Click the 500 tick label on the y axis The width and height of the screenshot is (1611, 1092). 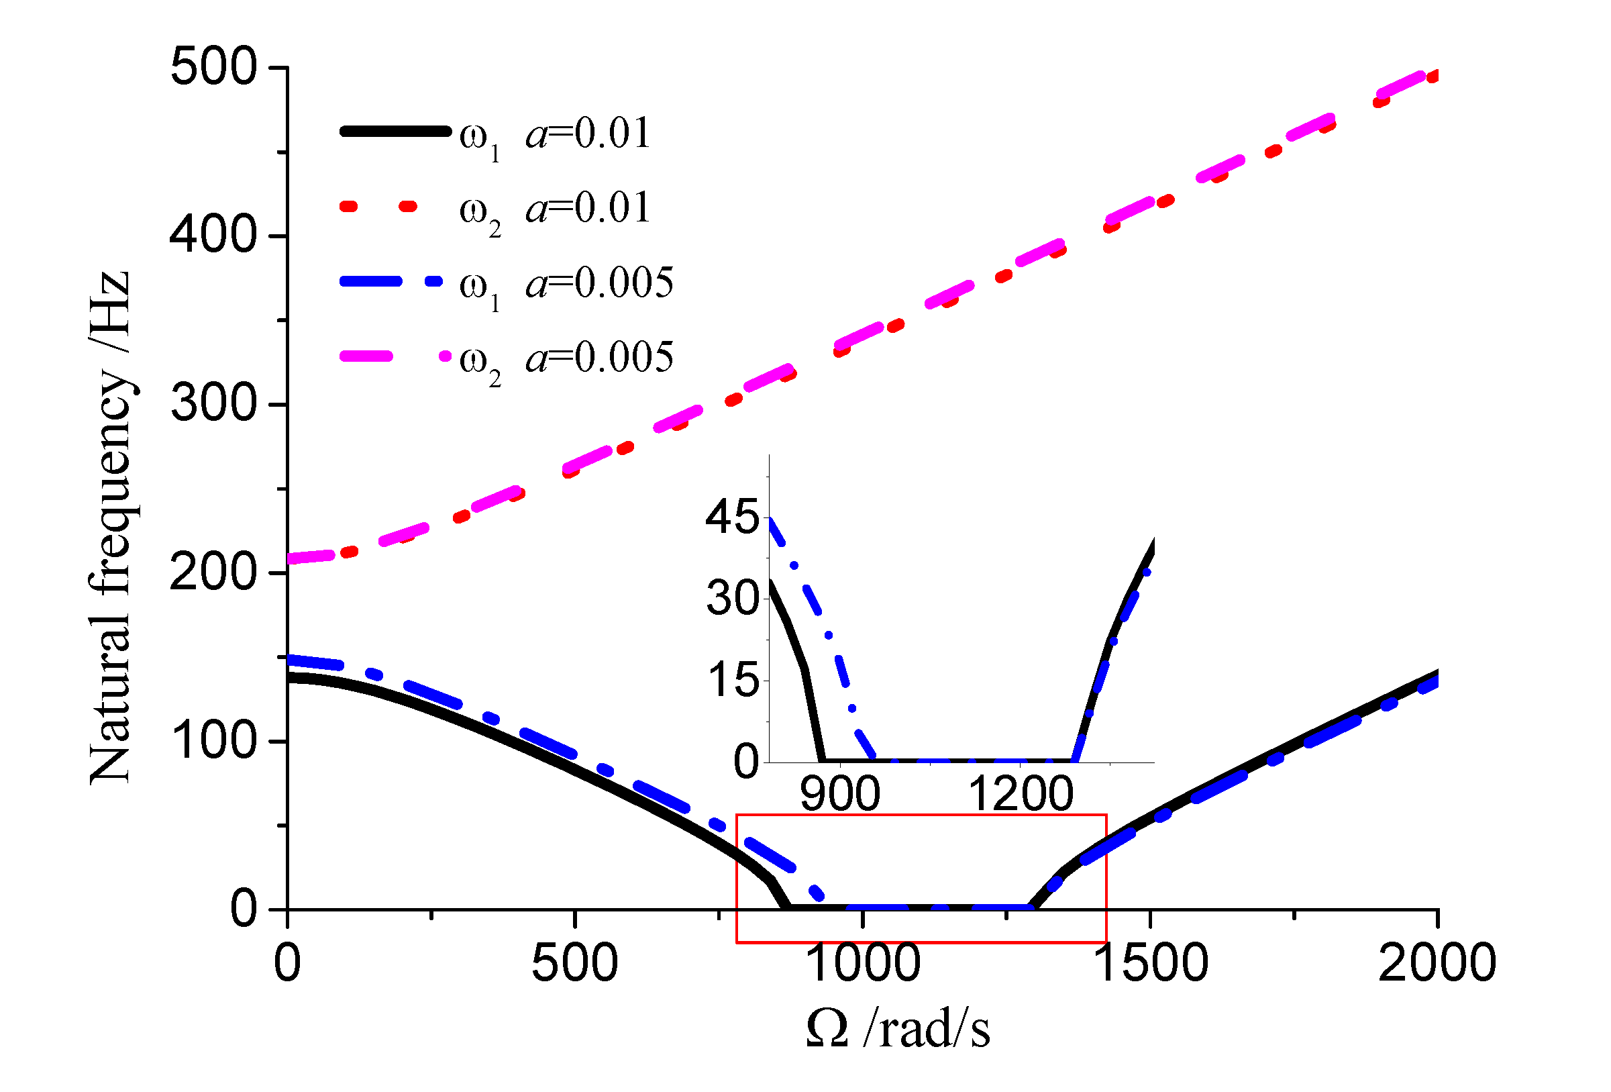click(x=213, y=67)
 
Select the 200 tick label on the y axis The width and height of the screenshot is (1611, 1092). click(x=213, y=573)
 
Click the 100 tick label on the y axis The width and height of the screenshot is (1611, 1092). click(x=213, y=741)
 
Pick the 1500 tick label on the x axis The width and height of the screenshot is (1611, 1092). click(x=1151, y=963)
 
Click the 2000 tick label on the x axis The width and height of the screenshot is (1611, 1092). click(x=1437, y=963)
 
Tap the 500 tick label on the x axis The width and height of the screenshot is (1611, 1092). click(x=574, y=963)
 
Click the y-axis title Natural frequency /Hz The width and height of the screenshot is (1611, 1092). click(x=111, y=527)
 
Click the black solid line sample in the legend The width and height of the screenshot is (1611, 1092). click(x=395, y=131)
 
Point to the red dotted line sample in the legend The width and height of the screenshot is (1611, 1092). click(x=378, y=206)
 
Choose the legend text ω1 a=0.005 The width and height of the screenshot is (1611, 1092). click(x=566, y=285)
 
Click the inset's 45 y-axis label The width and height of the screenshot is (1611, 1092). click(x=732, y=517)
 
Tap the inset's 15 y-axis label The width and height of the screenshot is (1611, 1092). click(x=732, y=679)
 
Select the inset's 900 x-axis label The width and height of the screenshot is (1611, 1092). click(x=840, y=794)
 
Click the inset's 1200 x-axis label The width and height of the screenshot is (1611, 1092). click(x=1021, y=794)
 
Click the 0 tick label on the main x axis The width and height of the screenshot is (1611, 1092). click(x=287, y=963)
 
